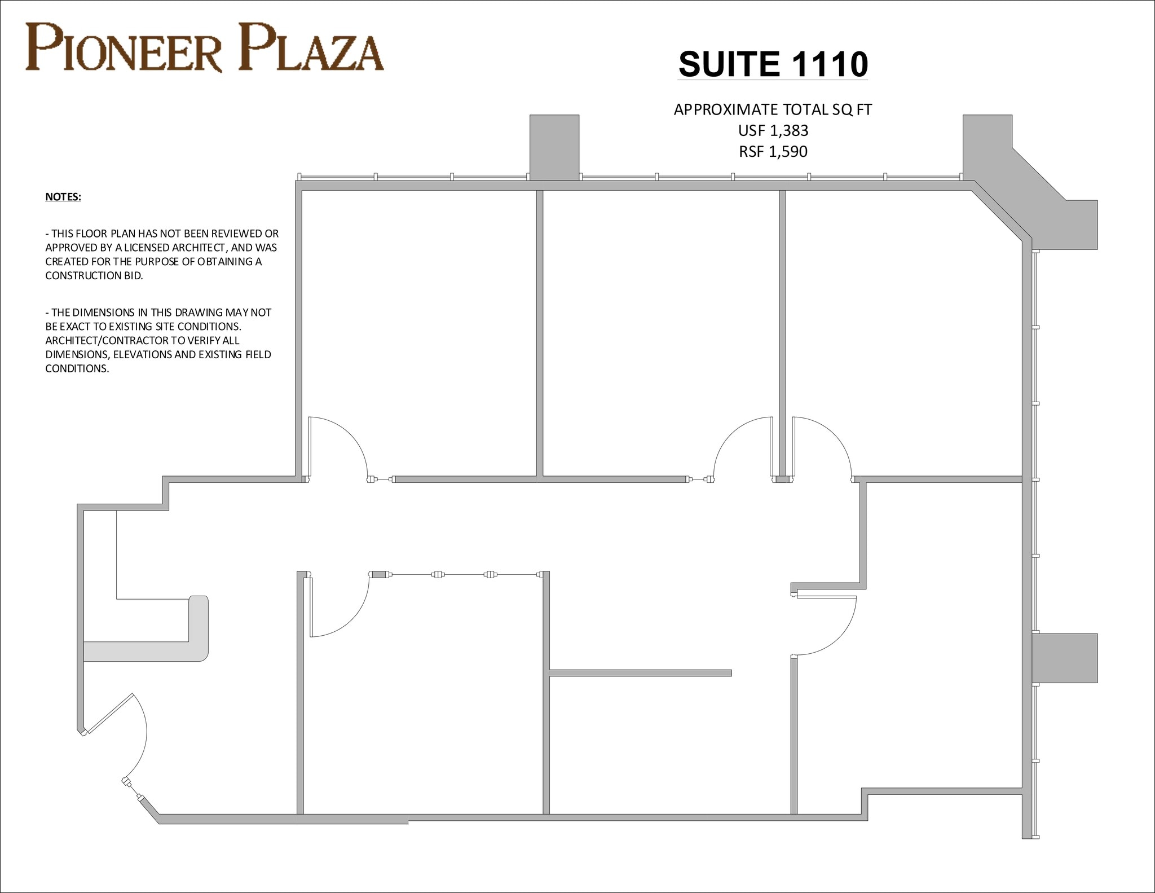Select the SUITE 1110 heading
[773, 64]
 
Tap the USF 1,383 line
[773, 131]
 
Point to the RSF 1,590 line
[773, 152]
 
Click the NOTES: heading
[63, 197]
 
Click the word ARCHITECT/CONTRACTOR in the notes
[142, 341]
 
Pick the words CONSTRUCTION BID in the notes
[94, 276]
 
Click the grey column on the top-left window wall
[554, 147]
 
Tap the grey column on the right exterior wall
[1065, 658]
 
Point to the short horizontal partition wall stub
[640, 673]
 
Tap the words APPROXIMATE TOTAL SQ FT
[773, 110]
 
